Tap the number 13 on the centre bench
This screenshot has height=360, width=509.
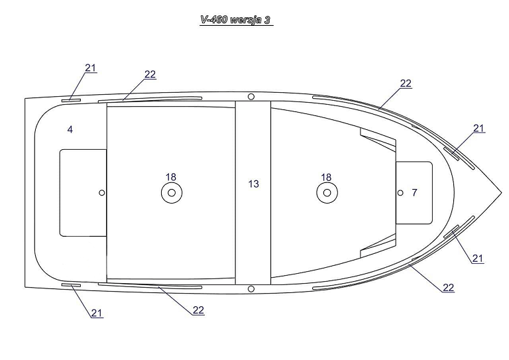[x=254, y=184]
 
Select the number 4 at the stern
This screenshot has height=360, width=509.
[x=70, y=129]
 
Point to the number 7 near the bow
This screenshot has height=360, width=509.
[x=414, y=192]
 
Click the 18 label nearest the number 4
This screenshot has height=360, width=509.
[x=171, y=177]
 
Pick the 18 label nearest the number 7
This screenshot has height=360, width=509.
[x=326, y=177]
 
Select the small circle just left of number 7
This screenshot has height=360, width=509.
[x=400, y=193]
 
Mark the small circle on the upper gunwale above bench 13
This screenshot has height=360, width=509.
[x=251, y=96]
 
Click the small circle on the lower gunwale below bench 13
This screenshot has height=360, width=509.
[x=251, y=288]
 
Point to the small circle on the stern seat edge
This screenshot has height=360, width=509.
[x=101, y=193]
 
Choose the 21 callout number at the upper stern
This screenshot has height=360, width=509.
[x=91, y=68]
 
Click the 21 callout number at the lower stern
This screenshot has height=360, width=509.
[x=96, y=313]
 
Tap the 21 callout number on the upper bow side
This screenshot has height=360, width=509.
[x=479, y=129]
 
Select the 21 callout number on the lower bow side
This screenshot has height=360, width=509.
[x=477, y=259]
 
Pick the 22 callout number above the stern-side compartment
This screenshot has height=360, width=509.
[x=150, y=74]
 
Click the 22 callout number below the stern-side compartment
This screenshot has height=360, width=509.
[x=198, y=310]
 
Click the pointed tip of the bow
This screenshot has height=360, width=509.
[x=502, y=192]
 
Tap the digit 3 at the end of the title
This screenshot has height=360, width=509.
[x=267, y=20]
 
